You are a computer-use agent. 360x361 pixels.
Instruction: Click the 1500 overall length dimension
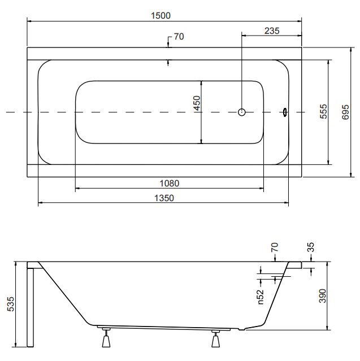(x=161, y=16)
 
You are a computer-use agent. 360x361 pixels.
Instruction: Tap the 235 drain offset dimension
(x=272, y=31)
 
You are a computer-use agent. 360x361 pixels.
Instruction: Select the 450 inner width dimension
(x=197, y=103)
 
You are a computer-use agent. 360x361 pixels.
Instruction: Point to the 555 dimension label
(x=323, y=111)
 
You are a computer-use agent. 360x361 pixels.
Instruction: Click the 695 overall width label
(x=345, y=112)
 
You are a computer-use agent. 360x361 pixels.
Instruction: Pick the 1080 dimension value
(x=170, y=184)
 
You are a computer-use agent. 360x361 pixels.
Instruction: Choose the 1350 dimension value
(x=164, y=198)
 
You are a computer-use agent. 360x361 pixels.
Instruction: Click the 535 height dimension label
(x=10, y=304)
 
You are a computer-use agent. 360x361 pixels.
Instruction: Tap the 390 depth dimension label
(x=323, y=296)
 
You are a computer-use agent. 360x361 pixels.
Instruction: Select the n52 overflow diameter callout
(x=261, y=297)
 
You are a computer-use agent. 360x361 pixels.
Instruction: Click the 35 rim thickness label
(x=311, y=247)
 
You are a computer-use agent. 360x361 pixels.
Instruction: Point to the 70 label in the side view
(x=275, y=247)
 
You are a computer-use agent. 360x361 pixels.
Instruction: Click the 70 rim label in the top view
(x=179, y=37)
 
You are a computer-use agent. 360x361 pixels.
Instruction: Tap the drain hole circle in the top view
(x=242, y=112)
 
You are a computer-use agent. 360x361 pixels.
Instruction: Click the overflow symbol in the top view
(x=285, y=112)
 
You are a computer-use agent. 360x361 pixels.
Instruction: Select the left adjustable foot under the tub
(x=106, y=338)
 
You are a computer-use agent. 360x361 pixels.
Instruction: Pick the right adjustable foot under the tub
(x=215, y=338)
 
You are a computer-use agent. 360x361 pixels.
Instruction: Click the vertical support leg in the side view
(x=30, y=307)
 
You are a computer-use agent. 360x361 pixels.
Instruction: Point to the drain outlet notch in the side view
(x=241, y=329)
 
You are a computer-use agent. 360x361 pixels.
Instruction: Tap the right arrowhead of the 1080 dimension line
(x=262, y=188)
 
